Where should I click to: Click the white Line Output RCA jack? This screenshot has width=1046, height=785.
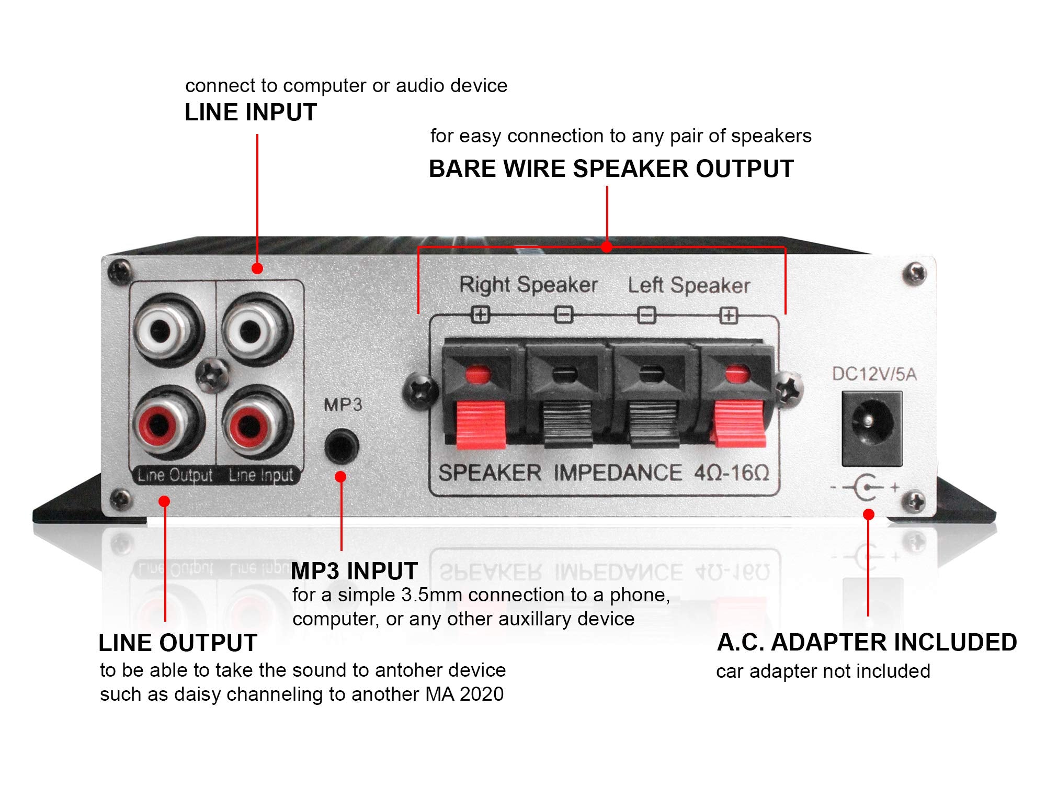point(162,329)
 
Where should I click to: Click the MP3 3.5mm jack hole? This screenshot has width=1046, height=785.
point(342,446)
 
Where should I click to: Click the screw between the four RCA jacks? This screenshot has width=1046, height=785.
point(212,375)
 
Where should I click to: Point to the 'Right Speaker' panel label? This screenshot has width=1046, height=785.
point(528,285)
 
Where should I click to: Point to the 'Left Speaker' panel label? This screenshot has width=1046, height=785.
point(689,286)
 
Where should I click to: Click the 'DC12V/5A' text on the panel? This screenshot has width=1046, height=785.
point(874,374)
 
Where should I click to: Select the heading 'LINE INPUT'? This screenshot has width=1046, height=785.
point(251,113)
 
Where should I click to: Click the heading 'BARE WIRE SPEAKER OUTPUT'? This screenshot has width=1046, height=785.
point(611,169)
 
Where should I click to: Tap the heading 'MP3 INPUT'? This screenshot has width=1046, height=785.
point(354,571)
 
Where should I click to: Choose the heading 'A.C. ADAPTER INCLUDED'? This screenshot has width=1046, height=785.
point(867,643)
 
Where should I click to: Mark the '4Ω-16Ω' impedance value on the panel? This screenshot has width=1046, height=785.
point(732,473)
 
